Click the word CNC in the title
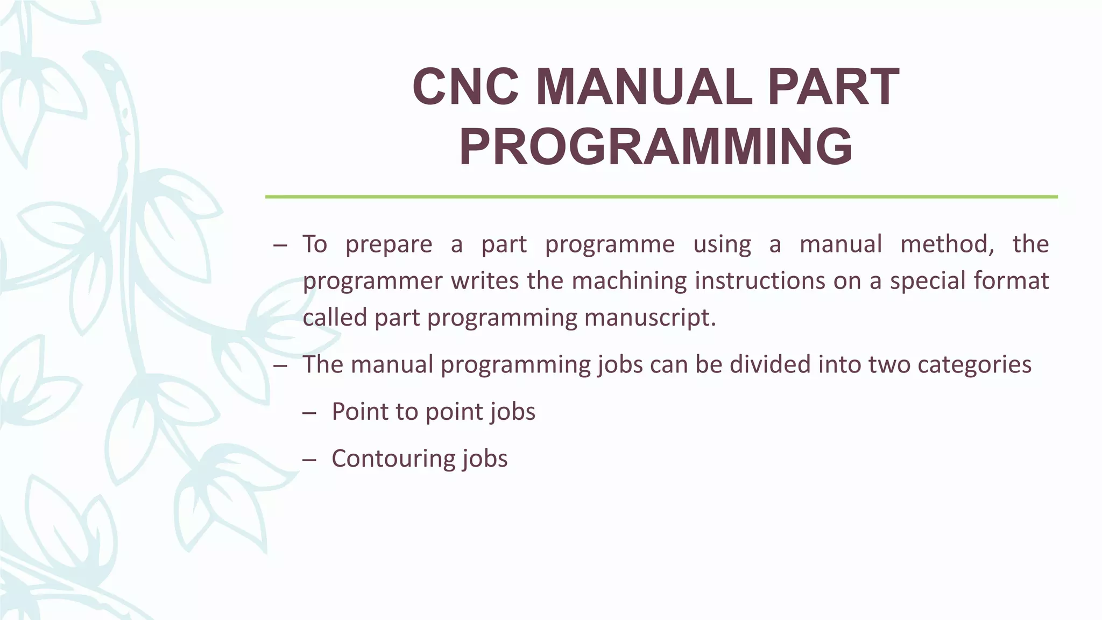(465, 87)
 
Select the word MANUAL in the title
(644, 87)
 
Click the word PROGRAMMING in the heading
(655, 147)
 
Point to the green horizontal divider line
(661, 197)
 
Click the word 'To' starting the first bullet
(315, 244)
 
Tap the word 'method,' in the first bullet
(947, 244)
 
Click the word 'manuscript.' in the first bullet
(650, 318)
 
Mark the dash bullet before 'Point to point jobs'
(309, 413)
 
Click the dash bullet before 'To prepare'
(280, 245)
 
